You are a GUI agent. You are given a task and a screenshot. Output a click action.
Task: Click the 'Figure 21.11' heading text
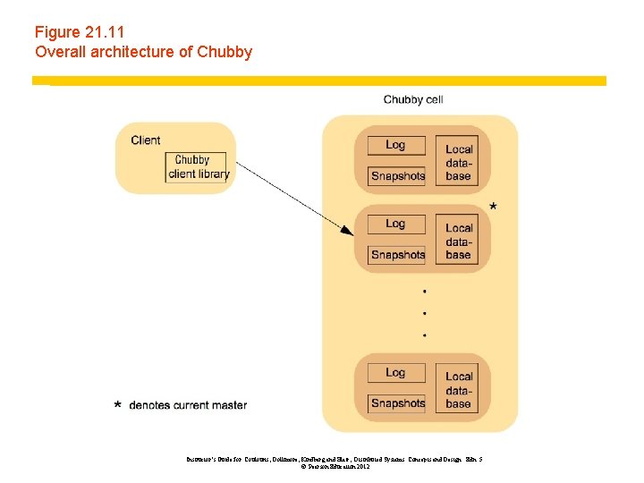[x=80, y=32]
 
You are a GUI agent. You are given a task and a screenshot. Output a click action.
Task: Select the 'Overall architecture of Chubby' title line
[x=143, y=52]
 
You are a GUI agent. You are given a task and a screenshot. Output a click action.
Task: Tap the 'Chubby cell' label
[x=413, y=99]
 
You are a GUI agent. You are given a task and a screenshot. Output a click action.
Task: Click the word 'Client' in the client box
[x=146, y=140]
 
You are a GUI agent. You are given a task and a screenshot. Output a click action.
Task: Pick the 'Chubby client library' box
[x=198, y=167]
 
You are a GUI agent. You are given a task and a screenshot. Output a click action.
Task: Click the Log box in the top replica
[x=396, y=145]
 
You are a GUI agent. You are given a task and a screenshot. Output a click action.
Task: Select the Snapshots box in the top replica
[x=398, y=175]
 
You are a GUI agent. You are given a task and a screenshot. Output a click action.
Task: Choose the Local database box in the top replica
[x=459, y=162]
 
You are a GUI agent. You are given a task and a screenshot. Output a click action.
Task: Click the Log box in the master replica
[x=396, y=224]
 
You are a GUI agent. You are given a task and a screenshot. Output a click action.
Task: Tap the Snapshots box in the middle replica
[x=398, y=254]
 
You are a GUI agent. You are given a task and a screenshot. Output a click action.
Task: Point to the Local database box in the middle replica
[x=459, y=241]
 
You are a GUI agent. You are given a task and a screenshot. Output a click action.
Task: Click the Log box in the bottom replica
[x=396, y=372]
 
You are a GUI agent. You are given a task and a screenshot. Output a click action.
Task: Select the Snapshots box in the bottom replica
[x=398, y=402]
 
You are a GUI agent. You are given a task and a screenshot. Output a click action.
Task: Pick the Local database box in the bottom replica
[x=459, y=389]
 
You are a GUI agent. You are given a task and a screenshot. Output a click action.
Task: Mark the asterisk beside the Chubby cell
[x=494, y=208]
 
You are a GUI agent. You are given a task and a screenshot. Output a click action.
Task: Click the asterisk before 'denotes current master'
[x=118, y=406]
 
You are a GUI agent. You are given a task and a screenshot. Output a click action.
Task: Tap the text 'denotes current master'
[x=188, y=405]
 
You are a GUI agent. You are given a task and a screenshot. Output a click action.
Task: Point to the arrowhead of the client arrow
[x=348, y=232]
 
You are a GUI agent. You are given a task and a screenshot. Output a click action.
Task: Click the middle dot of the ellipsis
[x=424, y=313]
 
